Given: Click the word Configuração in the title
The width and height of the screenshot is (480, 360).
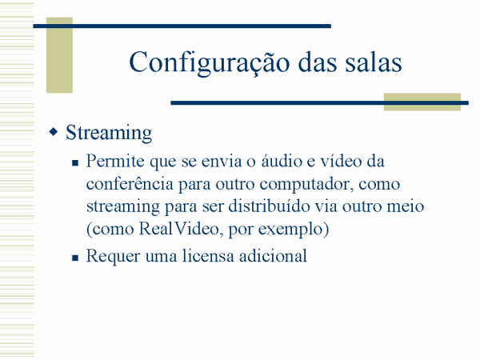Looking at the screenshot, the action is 210,62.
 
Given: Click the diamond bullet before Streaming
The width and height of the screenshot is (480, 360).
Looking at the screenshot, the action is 54,132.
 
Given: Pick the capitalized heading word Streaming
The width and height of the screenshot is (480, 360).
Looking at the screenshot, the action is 109,133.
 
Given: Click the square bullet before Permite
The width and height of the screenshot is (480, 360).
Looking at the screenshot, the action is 75,162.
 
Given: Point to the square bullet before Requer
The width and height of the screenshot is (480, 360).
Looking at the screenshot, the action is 75,258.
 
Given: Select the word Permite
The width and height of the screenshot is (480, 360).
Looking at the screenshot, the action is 115,161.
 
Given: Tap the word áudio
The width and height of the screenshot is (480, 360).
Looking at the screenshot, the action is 282,161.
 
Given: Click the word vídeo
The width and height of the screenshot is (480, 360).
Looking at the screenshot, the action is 341,161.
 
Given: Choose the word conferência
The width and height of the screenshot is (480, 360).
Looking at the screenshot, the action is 130,184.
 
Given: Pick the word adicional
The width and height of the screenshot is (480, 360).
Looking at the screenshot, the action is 273,256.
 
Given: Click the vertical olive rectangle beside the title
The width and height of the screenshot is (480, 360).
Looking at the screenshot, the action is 59,55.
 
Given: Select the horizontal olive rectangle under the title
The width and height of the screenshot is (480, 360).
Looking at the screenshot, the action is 422,102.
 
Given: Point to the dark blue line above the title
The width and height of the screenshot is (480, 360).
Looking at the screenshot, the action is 182,26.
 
